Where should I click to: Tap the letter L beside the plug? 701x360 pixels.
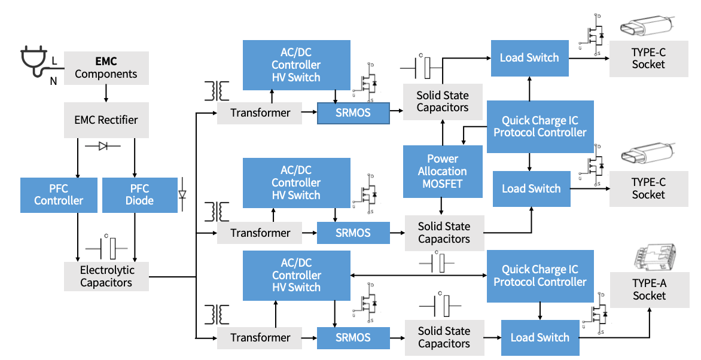point(54,61)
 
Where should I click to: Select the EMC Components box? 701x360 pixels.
point(106,68)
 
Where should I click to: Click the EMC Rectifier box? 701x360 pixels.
point(106,120)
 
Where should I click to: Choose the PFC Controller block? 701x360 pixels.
point(59,195)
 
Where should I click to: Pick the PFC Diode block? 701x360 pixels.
point(140,195)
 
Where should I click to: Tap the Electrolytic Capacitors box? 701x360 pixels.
point(106,276)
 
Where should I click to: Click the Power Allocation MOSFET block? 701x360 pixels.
point(442,171)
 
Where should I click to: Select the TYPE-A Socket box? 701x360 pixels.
point(649,289)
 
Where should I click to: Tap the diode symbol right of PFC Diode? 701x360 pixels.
point(182,194)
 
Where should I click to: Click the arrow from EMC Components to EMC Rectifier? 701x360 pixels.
point(106,93)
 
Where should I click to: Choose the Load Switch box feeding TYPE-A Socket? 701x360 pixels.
point(540,337)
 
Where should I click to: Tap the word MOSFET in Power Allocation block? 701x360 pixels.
point(442,184)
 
